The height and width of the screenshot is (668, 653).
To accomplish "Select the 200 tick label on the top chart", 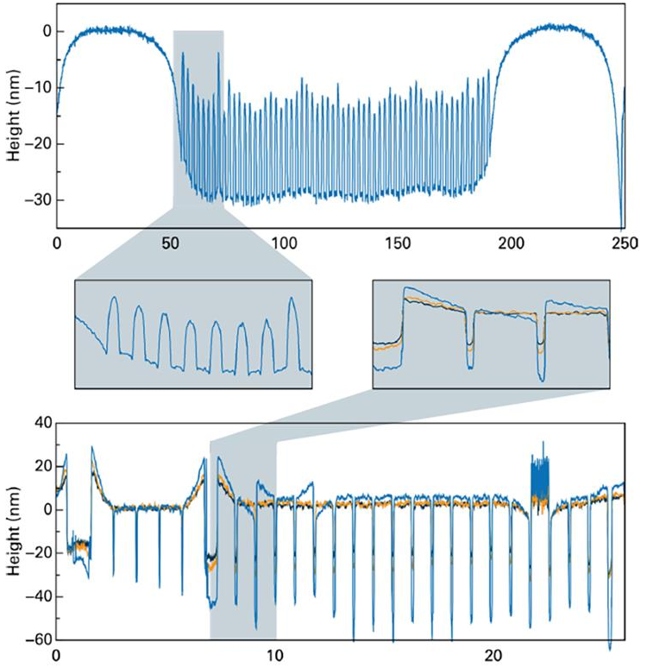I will tap(511, 244).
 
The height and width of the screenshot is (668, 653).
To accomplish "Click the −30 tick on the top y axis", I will tap(38, 199).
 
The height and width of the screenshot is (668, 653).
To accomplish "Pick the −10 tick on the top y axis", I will tap(38, 88).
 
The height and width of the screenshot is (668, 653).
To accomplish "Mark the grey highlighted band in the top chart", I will tap(198, 121).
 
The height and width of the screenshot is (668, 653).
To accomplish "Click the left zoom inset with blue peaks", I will tap(193, 333).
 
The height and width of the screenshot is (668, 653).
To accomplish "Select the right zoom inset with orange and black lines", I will tap(491, 333).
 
